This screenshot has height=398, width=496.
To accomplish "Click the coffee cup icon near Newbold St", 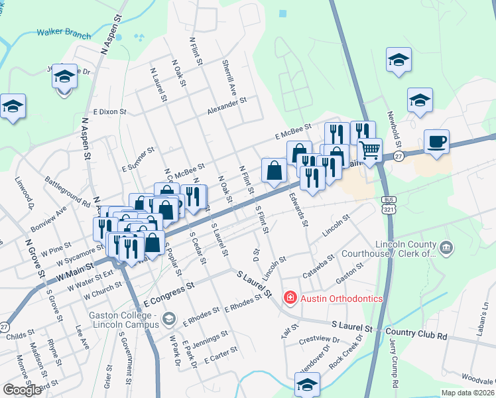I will [x=436, y=142].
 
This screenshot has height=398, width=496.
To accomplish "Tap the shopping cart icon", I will [x=369, y=149].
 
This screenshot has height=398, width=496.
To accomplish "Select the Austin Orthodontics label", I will [x=341, y=298].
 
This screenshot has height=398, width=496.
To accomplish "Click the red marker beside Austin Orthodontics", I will [x=290, y=298].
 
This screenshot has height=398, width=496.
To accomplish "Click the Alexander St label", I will [x=226, y=105].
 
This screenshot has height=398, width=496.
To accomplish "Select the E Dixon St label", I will [x=110, y=112].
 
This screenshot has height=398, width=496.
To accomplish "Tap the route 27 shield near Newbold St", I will [x=398, y=156].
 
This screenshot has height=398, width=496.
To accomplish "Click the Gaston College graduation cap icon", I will [x=168, y=320].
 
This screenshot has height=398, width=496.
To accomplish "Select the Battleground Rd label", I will [x=67, y=190].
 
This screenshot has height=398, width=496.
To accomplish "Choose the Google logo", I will [x=22, y=390].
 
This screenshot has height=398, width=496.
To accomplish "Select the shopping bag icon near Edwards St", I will [x=274, y=170].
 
